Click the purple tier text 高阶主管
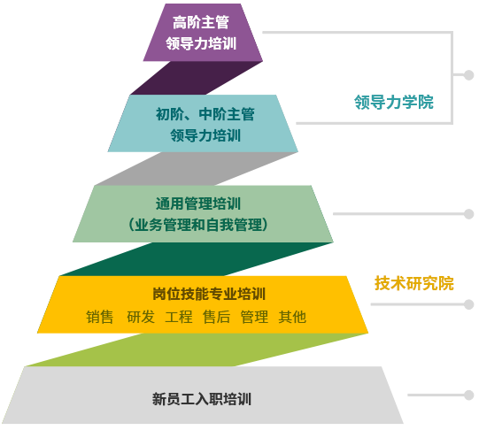point(201,23)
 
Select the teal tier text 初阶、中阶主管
point(205,114)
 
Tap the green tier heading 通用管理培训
point(198,203)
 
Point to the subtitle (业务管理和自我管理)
point(198,225)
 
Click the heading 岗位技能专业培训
point(209,294)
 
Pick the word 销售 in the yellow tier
point(100,317)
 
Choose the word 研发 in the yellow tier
point(141,317)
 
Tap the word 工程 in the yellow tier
point(179,317)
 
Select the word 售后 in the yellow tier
point(217,317)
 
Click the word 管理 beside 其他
point(254,317)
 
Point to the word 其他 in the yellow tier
point(292,317)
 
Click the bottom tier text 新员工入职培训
point(202,399)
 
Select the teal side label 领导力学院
point(394,102)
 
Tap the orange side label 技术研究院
point(414,283)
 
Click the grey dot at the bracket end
point(468,75)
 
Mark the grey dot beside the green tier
point(468,213)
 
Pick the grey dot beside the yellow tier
point(468,304)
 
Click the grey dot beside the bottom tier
point(468,395)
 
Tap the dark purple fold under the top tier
point(197,78)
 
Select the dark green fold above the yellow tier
point(197,259)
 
